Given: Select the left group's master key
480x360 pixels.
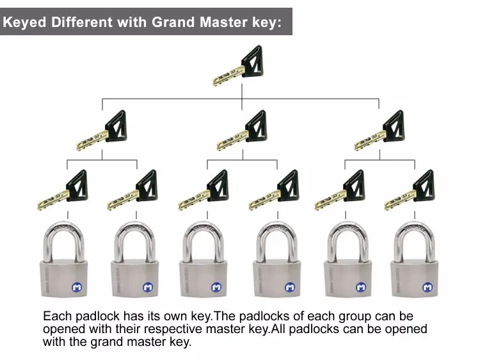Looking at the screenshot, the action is click(x=102, y=130).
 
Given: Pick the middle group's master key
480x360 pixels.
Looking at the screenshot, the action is click(x=243, y=130).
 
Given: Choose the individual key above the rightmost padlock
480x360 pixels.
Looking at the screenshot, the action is click(x=410, y=190).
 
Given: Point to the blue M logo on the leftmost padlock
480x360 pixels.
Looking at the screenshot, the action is click(x=77, y=287).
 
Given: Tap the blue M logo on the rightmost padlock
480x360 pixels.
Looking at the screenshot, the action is click(x=428, y=287).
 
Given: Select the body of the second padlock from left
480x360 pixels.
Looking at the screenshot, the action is click(x=134, y=278).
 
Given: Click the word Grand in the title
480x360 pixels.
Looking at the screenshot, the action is click(x=173, y=22).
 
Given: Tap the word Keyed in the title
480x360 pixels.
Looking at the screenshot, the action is click(x=24, y=22).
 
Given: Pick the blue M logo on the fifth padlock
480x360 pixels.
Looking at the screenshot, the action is click(x=361, y=287).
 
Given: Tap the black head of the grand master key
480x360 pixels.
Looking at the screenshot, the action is click(x=252, y=61).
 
